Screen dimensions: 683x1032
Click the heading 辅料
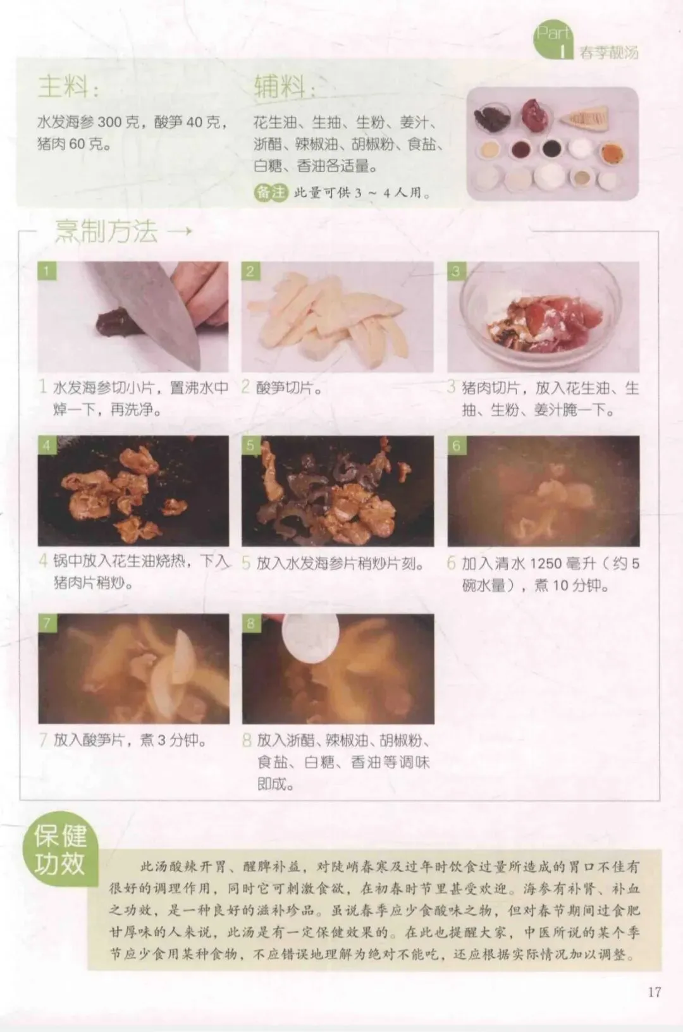[x=284, y=87]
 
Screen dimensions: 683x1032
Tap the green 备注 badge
[x=271, y=192]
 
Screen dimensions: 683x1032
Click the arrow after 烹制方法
[x=180, y=230]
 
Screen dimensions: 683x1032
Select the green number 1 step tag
[x=47, y=271]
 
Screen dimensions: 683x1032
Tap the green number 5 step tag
[x=250, y=445]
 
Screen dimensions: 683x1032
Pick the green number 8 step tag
[x=250, y=623]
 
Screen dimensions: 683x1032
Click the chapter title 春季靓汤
[x=609, y=53]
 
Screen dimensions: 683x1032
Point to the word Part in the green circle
[x=553, y=33]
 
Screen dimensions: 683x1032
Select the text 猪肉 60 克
[x=70, y=144]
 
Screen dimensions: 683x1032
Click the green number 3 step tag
[x=456, y=271]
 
